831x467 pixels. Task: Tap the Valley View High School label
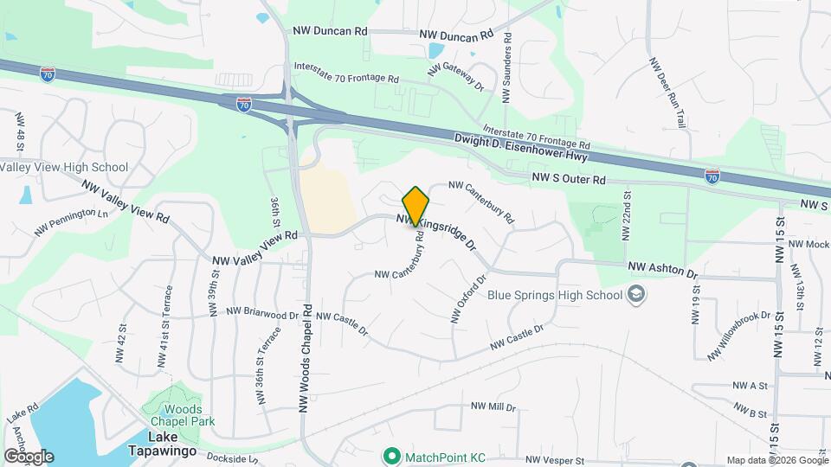click(x=64, y=167)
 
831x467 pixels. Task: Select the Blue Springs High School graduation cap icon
click(x=637, y=295)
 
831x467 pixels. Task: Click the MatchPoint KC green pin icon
click(x=391, y=455)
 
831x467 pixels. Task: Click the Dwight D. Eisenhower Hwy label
click(x=521, y=148)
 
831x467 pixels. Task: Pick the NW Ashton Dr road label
click(x=662, y=271)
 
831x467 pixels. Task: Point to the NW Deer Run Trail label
click(x=667, y=93)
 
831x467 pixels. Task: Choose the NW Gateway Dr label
click(x=462, y=76)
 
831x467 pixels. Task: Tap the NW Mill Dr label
click(x=493, y=406)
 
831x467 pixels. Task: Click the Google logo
click(x=29, y=456)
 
